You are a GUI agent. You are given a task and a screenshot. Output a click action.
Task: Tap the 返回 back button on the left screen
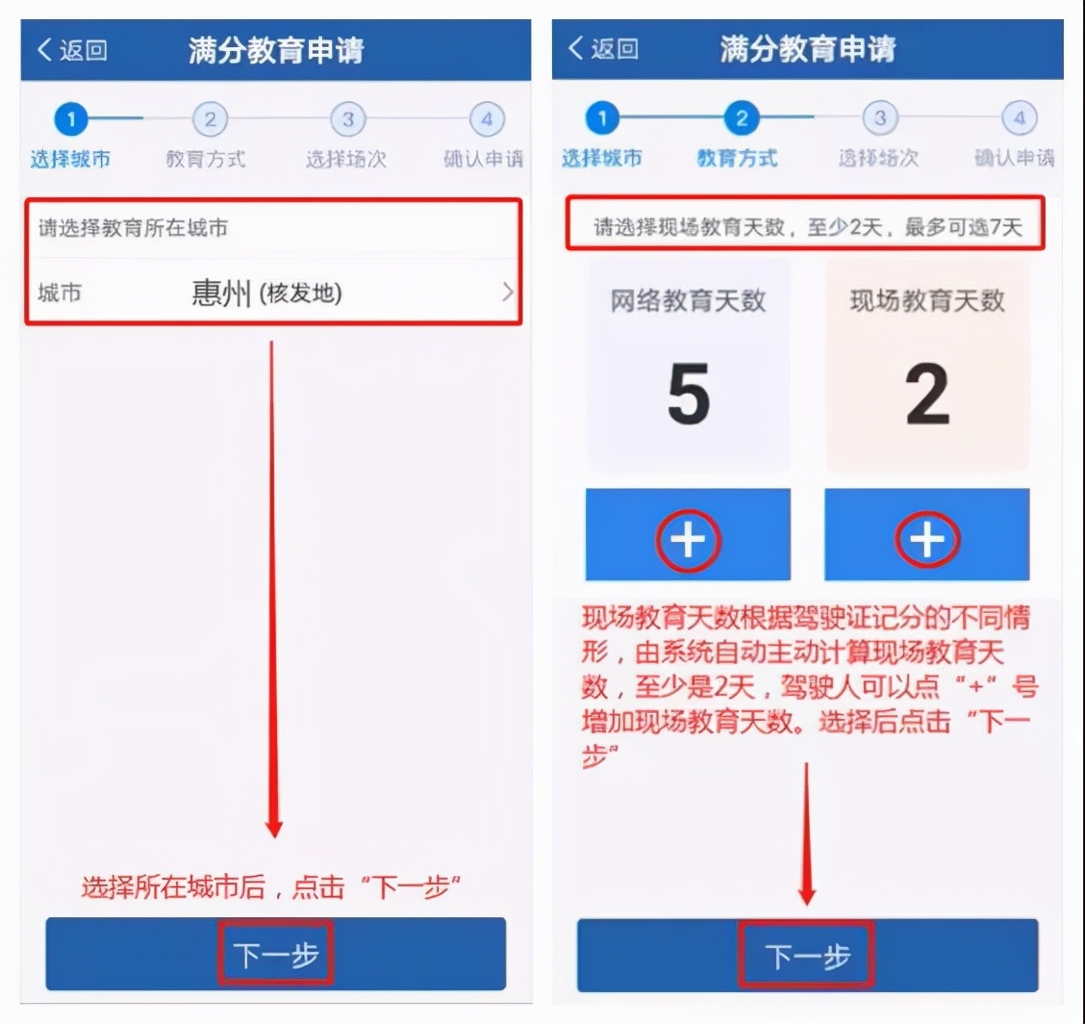[72, 50]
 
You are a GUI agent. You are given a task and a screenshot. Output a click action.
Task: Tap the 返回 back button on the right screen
[603, 48]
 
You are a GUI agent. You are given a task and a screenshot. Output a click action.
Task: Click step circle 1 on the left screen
[71, 120]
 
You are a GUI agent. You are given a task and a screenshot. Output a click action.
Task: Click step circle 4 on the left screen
[487, 120]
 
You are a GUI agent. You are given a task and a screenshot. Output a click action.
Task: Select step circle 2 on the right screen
[741, 119]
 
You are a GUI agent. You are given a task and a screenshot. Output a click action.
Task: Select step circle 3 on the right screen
[879, 119]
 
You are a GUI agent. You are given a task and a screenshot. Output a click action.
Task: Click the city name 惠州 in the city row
[220, 293]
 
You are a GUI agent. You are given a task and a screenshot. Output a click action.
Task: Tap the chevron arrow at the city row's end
[508, 293]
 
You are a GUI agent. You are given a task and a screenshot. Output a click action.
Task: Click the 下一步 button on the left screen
[276, 954]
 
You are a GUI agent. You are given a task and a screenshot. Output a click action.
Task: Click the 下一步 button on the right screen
[807, 955]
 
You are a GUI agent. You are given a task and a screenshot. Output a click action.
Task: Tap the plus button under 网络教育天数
[688, 541]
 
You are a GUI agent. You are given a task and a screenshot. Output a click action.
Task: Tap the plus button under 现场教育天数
[927, 541]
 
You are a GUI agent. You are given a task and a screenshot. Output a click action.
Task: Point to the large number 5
[689, 395]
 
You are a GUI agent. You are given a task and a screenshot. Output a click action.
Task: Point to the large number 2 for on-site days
[927, 395]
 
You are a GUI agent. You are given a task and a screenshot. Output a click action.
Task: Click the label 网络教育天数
[689, 300]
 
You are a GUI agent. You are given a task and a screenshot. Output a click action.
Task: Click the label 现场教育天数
[927, 300]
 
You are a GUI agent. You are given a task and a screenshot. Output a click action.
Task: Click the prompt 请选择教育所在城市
[133, 229]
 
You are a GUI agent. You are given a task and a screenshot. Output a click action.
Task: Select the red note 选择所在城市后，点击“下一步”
[272, 887]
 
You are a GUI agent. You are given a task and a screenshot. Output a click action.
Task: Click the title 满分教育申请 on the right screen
[807, 48]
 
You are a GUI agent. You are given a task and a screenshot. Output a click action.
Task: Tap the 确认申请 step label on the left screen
[484, 159]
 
